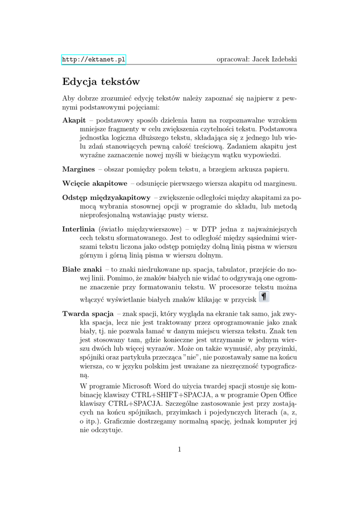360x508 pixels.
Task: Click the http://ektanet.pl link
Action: [x=93, y=60]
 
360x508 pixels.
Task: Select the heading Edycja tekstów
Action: [x=101, y=81]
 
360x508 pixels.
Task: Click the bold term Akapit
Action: [x=74, y=120]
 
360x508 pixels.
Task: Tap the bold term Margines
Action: [x=78, y=170]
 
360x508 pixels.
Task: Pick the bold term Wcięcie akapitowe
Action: [x=95, y=184]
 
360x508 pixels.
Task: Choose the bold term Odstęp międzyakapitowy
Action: [x=106, y=197]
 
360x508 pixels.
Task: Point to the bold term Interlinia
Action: [x=78, y=229]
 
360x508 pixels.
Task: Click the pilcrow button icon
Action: [x=264, y=297]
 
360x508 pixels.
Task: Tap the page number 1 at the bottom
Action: [x=179, y=449]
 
